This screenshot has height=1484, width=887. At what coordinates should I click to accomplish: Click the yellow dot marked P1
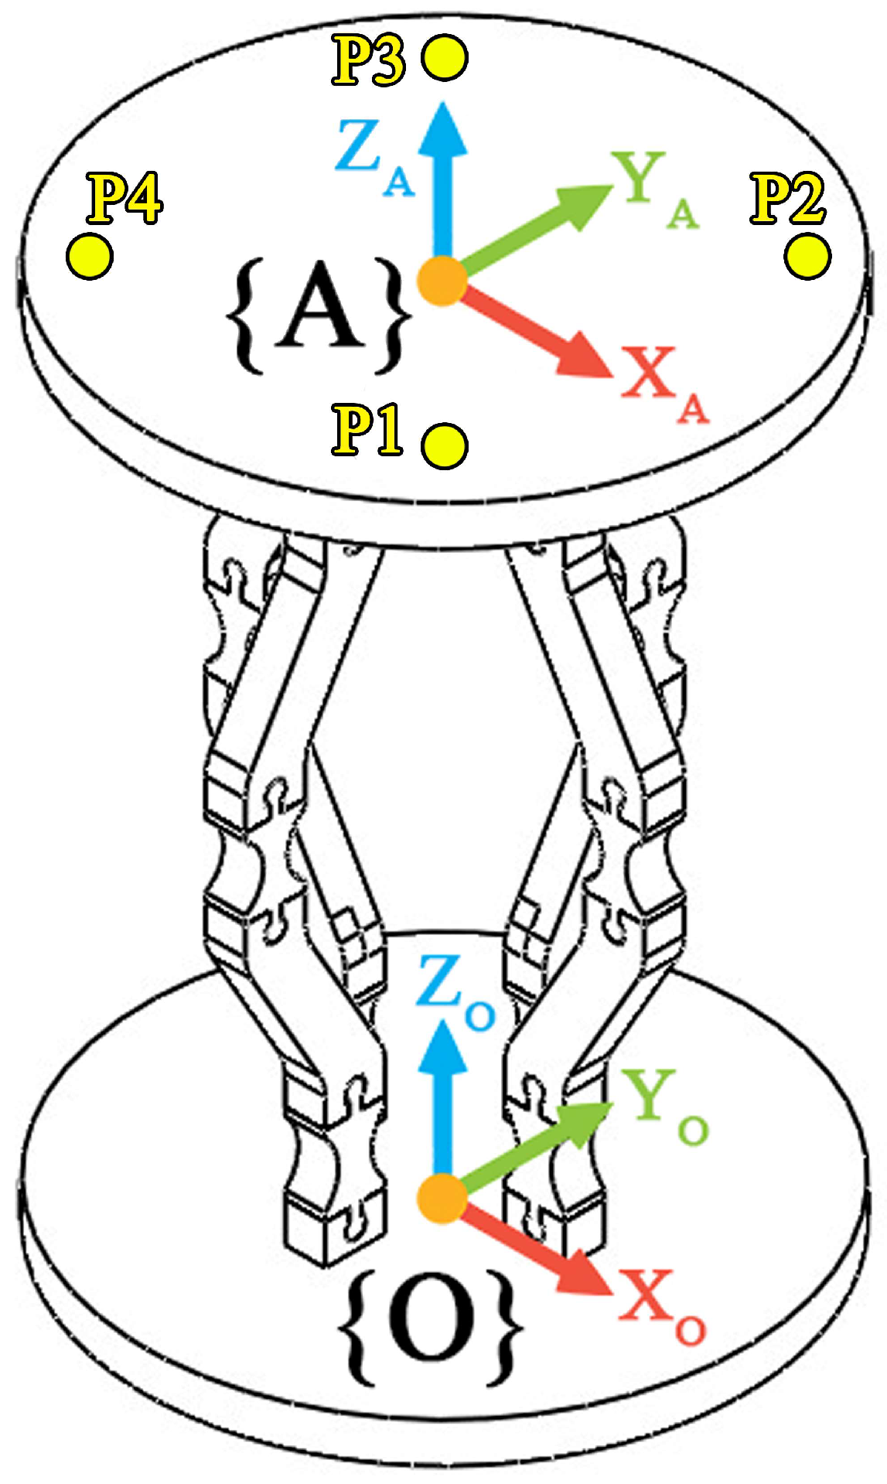tap(445, 445)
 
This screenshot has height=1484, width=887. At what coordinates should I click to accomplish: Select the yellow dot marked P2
tap(807, 256)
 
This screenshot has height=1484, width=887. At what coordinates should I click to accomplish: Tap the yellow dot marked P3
tap(445, 58)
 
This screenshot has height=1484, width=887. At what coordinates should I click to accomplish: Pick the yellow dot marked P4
tap(90, 256)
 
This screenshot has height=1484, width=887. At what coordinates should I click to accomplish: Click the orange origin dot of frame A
tap(442, 281)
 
